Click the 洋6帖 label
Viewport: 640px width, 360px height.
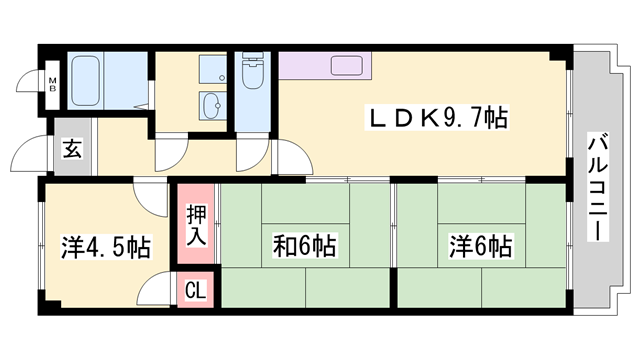pyautogui.click(x=481, y=245)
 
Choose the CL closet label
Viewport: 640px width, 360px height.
pyautogui.click(x=196, y=291)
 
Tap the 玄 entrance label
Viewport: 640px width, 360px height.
pyautogui.click(x=73, y=150)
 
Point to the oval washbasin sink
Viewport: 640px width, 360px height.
pyautogui.click(x=212, y=104)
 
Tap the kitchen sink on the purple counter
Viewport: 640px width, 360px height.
pyautogui.click(x=347, y=68)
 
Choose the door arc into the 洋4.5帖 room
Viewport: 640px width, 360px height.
pyautogui.click(x=153, y=195)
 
